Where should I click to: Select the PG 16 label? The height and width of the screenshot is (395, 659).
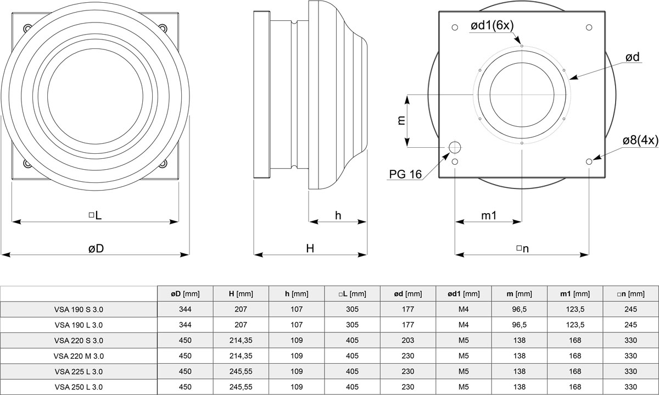[x=405, y=174]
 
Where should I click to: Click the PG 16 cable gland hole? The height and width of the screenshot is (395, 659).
[x=455, y=147]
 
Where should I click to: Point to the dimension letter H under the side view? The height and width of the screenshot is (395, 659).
[x=310, y=248]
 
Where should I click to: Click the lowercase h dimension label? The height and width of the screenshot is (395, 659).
[x=338, y=215]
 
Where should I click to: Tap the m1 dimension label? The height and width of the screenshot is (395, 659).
[x=489, y=215]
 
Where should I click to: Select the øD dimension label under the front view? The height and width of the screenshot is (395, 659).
[x=96, y=248]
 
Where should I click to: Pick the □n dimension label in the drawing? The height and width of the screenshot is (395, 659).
[x=522, y=248]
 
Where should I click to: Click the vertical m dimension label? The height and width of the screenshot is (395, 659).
[x=401, y=120]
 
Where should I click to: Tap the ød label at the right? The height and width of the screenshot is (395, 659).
[x=633, y=57]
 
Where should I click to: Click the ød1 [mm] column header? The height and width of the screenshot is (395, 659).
[x=463, y=294]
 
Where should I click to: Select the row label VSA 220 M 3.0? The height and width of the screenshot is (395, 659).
[x=79, y=356]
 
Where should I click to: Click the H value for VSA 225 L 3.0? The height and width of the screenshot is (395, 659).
[x=241, y=371]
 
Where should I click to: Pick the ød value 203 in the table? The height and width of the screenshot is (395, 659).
[x=408, y=341]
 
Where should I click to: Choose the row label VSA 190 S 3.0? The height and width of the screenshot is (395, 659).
[x=79, y=309]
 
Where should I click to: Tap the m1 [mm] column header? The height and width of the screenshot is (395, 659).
[x=575, y=294]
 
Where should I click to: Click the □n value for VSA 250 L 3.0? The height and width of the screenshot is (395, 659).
[x=630, y=387]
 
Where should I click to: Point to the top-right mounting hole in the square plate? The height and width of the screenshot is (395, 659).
[x=589, y=27]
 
